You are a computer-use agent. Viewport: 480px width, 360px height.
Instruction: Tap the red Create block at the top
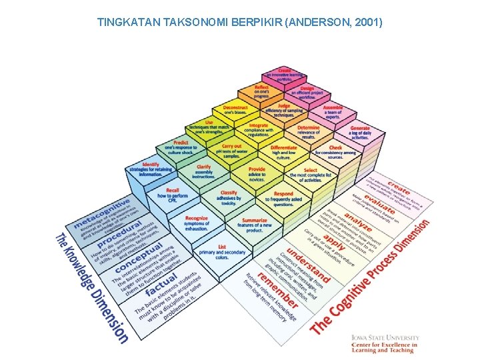pos(284,73)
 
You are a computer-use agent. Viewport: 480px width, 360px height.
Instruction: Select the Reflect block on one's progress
pos(261,90)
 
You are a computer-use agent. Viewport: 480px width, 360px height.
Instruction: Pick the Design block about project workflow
pos(307,91)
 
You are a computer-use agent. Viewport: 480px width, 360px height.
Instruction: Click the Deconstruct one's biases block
pos(235,109)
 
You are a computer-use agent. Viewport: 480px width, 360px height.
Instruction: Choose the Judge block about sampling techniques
pos(284,109)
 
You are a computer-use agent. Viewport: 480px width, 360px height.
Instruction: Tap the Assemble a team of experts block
pos(333,110)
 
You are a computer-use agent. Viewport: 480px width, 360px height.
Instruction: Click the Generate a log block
pos(359,131)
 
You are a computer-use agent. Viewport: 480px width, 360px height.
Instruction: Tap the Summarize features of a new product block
pos(255,223)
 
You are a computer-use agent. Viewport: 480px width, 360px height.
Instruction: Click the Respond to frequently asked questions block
pos(283,198)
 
